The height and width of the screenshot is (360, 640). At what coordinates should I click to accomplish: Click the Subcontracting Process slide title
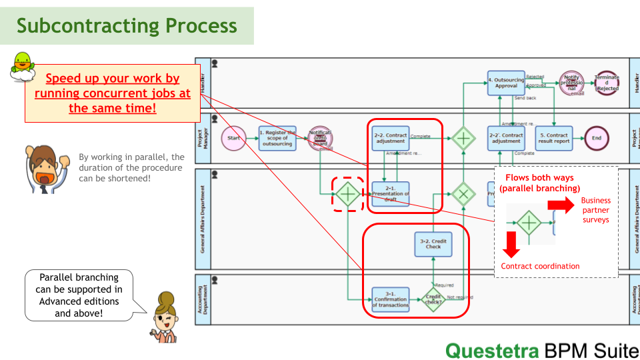(x=127, y=26)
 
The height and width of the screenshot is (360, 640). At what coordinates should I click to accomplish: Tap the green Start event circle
(x=233, y=139)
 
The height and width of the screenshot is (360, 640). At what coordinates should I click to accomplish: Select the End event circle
(x=597, y=139)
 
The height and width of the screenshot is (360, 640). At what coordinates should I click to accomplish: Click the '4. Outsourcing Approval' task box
(x=506, y=83)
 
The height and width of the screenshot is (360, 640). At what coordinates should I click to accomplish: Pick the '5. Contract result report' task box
(x=553, y=139)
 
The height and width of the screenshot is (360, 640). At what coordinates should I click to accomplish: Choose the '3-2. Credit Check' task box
(x=433, y=244)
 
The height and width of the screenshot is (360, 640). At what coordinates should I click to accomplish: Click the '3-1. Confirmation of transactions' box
(x=391, y=299)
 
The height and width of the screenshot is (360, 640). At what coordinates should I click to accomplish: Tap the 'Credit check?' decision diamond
(x=433, y=299)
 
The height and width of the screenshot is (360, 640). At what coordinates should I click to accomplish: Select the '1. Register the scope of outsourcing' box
(x=277, y=139)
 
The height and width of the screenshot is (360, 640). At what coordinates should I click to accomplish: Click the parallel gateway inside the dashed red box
(x=347, y=194)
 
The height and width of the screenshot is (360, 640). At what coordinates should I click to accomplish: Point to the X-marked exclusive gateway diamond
(x=463, y=194)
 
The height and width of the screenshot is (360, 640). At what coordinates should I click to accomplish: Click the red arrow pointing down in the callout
(x=511, y=245)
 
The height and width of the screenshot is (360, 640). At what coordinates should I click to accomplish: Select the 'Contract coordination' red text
(x=540, y=266)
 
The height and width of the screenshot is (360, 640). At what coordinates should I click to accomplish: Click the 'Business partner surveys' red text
(x=595, y=210)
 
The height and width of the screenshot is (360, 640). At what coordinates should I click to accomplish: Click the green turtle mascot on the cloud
(x=23, y=66)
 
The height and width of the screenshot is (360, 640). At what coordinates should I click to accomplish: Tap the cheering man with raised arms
(x=43, y=169)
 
